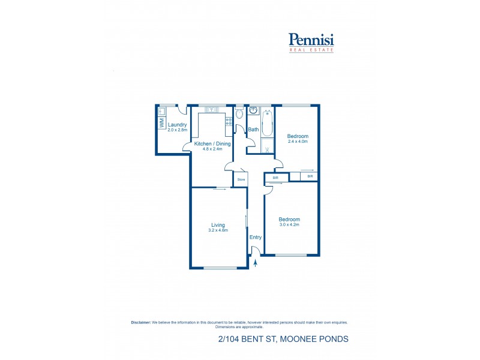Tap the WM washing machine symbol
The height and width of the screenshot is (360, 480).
[161, 123]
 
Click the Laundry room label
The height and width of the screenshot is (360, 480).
[177, 125]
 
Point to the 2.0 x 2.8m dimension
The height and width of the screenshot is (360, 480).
[177, 130]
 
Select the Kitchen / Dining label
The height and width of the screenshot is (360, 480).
[212, 144]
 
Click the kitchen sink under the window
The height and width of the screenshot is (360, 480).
[213, 110]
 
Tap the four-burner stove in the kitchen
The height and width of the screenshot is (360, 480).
[228, 122]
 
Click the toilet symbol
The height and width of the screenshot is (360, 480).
[239, 113]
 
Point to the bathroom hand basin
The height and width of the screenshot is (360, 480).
[253, 111]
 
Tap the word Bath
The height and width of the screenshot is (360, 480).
[253, 130]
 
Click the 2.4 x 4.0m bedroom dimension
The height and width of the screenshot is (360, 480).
[297, 142]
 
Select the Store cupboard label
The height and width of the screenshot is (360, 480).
[241, 179]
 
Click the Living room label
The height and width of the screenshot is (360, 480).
[217, 225]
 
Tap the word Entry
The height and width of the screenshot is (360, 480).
[256, 237]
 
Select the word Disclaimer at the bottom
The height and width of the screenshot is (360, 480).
[140, 322]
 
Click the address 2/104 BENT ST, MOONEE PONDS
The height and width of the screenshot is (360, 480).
[283, 339]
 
